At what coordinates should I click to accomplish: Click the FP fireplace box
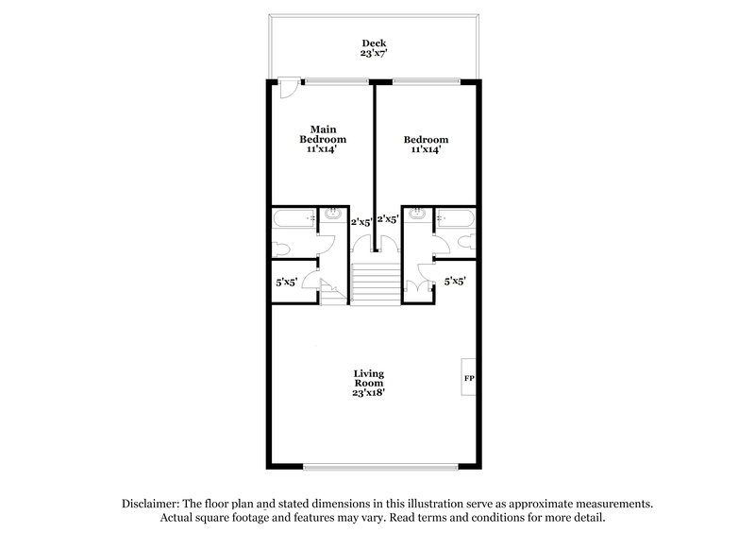click(x=469, y=378)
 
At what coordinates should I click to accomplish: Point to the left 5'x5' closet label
click(x=286, y=281)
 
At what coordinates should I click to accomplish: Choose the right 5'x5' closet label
click(x=456, y=281)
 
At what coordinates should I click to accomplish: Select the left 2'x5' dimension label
click(x=361, y=222)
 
